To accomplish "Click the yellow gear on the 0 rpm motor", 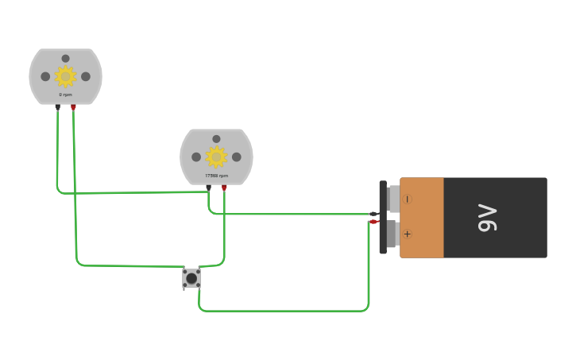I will click(x=65, y=76).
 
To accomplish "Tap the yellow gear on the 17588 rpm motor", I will click(x=216, y=157).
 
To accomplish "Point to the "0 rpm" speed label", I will click(x=65, y=95).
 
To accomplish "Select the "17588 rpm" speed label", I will click(x=216, y=176).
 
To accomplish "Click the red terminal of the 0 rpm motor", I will click(x=73, y=106).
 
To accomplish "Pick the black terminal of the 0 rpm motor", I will click(x=57, y=106).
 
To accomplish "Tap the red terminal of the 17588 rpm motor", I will click(x=224, y=188).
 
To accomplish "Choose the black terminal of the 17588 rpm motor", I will click(x=208, y=188).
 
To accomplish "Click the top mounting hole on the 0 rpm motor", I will click(x=65, y=58).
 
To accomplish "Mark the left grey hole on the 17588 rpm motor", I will click(x=196, y=157).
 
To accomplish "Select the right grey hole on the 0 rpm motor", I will click(x=86, y=76).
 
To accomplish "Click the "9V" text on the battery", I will click(x=487, y=218).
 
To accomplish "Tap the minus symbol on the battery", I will click(x=408, y=199).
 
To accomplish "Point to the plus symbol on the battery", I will click(x=408, y=234).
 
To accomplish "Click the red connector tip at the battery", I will click(x=373, y=222).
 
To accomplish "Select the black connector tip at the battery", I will click(x=373, y=214).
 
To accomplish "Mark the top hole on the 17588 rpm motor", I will click(x=216, y=139).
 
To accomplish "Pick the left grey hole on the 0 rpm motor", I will click(x=45, y=76).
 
